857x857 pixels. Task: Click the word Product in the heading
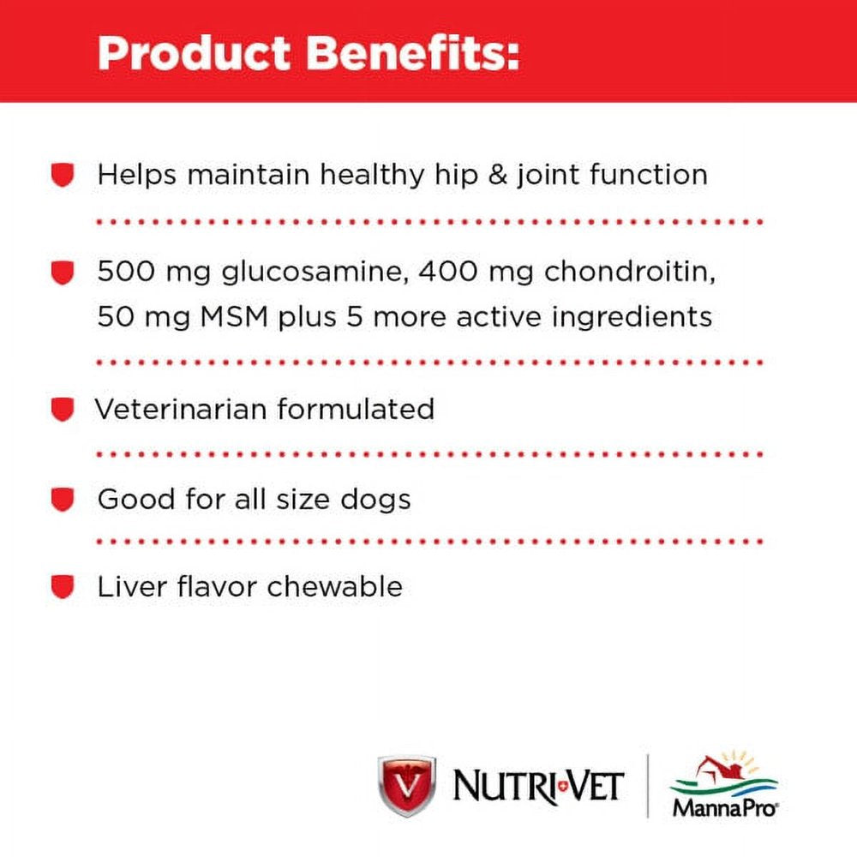tap(194, 53)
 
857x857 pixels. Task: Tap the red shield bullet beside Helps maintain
tap(63, 175)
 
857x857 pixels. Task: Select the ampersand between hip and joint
tap(497, 176)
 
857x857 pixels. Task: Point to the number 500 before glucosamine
tap(126, 271)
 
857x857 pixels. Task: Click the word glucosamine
tap(315, 273)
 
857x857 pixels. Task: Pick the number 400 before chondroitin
tap(448, 271)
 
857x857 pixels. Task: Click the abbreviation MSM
tap(235, 317)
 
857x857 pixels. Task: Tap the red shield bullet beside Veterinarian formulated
tap(63, 410)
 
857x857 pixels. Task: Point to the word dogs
tap(375, 500)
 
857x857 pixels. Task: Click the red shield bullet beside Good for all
tap(63, 500)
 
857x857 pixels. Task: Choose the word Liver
tap(132, 586)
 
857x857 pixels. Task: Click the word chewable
tap(334, 586)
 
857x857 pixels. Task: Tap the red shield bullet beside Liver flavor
tap(63, 587)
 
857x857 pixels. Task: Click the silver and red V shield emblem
tap(406, 785)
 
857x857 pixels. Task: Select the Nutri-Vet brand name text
tap(538, 787)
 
